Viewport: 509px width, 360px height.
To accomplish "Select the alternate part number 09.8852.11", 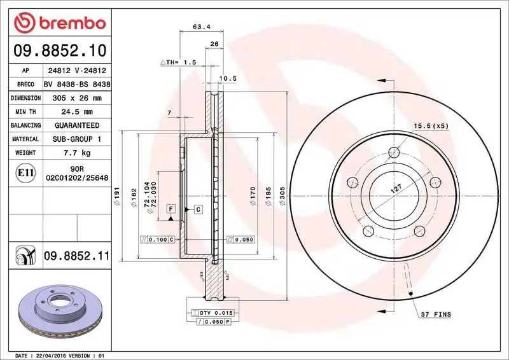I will (76, 256).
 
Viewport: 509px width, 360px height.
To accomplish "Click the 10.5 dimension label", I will (227, 78).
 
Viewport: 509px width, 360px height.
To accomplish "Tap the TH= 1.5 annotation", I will (179, 62).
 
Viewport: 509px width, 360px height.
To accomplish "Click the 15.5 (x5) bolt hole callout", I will (431, 126).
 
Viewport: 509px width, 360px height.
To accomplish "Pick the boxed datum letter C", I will (198, 209).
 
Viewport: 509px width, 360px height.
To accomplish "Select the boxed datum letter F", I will (171, 209).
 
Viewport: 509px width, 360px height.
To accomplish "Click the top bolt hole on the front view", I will (394, 152).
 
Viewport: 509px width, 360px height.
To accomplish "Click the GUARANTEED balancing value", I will (76, 126).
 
